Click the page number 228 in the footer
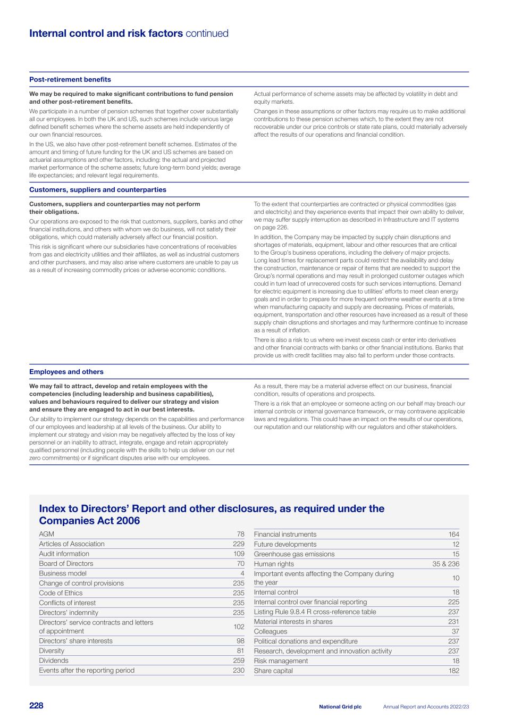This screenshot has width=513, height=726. point(36,706)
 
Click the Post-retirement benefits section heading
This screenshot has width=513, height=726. point(70,80)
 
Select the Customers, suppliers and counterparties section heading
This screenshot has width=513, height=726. point(98,190)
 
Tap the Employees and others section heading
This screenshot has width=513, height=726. point(66,372)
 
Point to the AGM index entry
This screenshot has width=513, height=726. point(46,534)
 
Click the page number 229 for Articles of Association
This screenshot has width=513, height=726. point(239,544)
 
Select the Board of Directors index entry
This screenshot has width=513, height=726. point(66,564)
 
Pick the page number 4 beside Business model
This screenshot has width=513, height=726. point(242,573)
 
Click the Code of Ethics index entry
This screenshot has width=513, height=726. point(61,593)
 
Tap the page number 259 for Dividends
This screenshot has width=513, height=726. point(239,661)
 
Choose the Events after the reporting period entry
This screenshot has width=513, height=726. point(87,670)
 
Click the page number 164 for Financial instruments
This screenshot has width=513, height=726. point(453,535)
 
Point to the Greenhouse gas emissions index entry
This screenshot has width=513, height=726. point(294,554)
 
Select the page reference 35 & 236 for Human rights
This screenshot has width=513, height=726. point(446,564)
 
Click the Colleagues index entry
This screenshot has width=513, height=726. point(271,631)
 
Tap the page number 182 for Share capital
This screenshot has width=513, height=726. point(453,671)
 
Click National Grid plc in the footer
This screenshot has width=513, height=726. point(340,707)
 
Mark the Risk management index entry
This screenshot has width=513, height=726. point(281,661)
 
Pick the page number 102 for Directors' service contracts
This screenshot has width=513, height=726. point(239,627)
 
